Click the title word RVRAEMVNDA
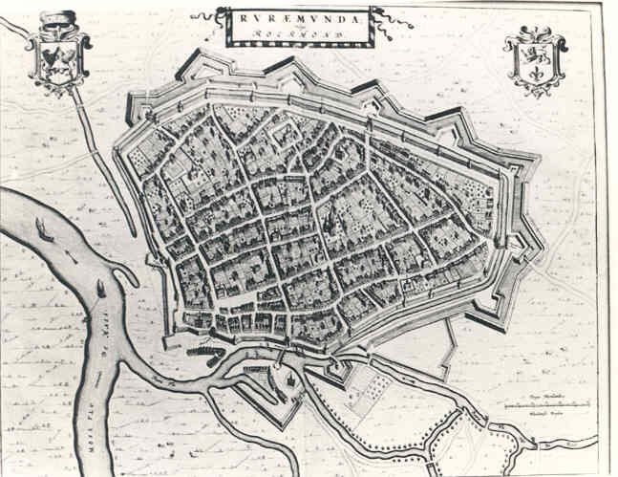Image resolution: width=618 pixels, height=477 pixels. (x=298, y=16)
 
